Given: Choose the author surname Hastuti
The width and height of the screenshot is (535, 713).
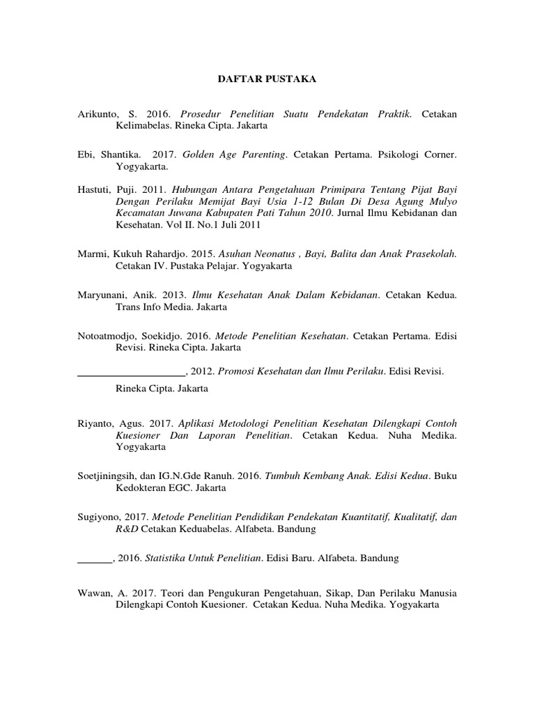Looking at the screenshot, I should (95, 189).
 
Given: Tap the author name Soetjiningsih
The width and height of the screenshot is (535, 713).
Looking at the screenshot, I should (109, 476).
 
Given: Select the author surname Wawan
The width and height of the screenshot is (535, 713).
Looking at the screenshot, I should (93, 593).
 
